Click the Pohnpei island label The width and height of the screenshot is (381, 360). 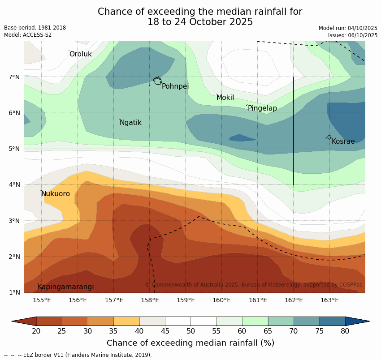coord(175,86)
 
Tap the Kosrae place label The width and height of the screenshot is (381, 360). coord(343,141)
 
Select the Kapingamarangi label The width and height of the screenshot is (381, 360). coord(65,287)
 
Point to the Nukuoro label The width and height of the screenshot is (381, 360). coord(56,194)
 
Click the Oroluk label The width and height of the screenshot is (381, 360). coord(80,54)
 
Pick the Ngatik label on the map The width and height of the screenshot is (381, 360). coord(130,123)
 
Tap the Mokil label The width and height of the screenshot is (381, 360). coord(225,98)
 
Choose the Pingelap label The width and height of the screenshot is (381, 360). coord(262,108)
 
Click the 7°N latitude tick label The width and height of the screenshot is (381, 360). coord(14,77)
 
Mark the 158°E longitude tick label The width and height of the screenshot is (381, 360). coord(150,300)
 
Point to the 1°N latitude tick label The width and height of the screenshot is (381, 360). coord(14,293)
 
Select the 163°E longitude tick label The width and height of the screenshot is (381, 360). coord(329,300)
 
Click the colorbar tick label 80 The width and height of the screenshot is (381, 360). coord(345,331)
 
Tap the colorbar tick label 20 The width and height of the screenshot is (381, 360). coord(36,331)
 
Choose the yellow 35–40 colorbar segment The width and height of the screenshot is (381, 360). coord(126,321)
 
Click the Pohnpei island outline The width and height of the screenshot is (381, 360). coord(157,81)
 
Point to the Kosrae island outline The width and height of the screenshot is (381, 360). coord(328,137)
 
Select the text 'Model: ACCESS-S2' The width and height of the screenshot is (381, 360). coord(28,35)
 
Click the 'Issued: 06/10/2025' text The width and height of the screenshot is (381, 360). coord(352,35)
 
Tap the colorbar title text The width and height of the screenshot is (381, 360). coord(190,343)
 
